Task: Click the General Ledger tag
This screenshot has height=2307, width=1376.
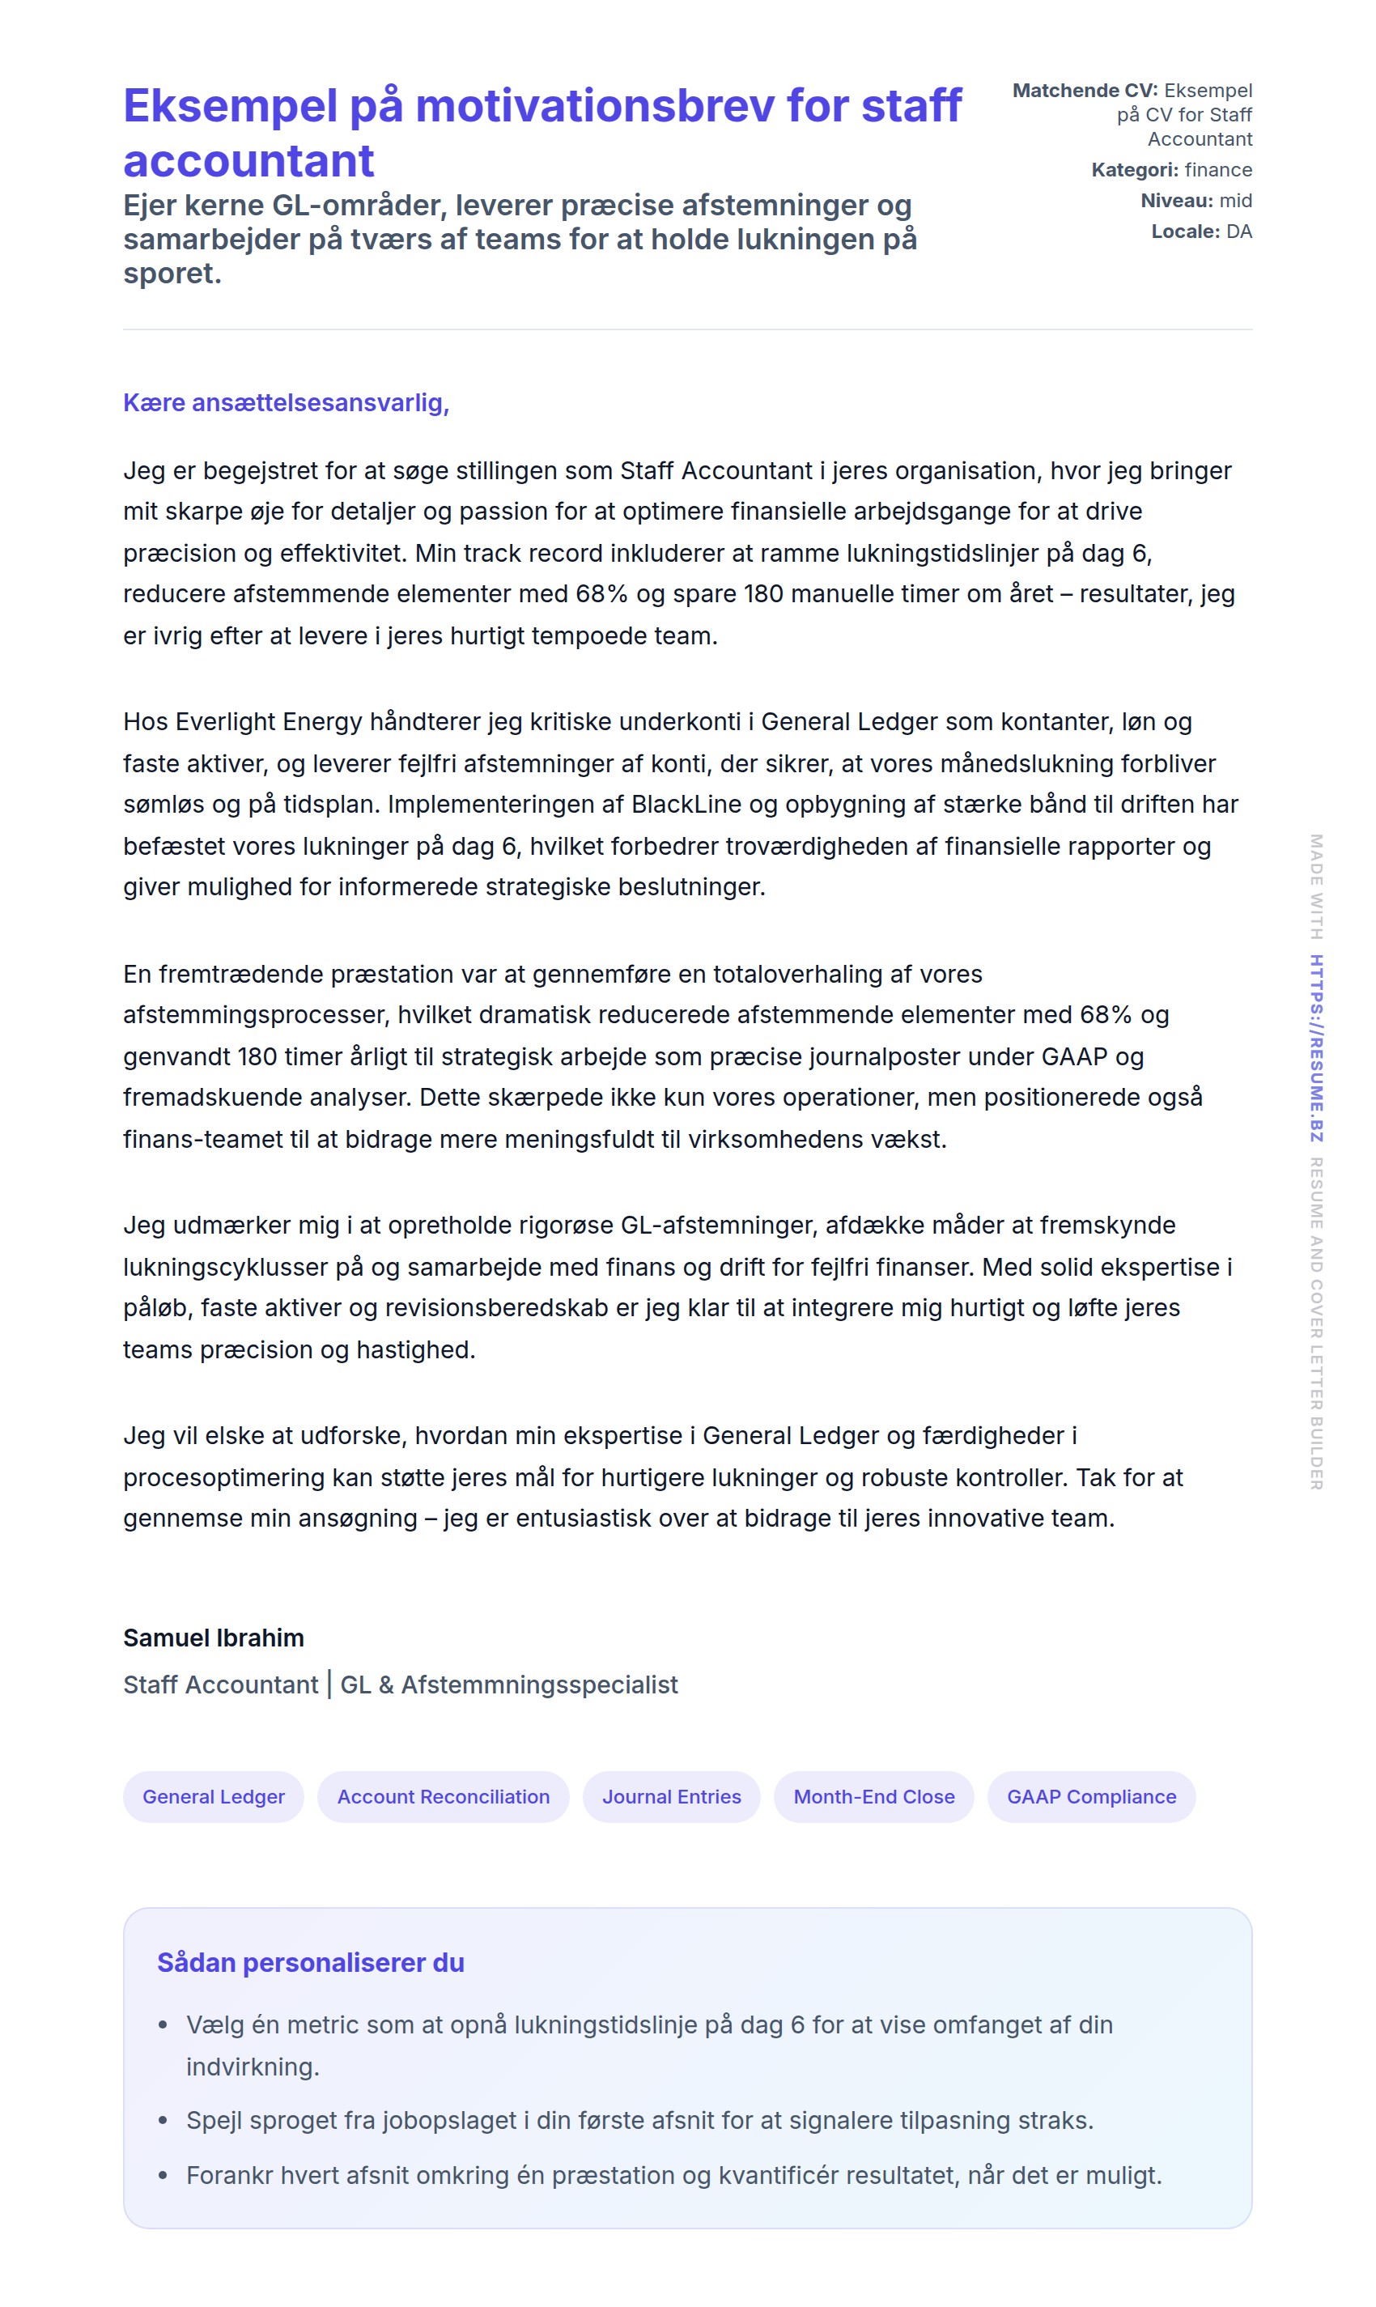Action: click(x=213, y=1797)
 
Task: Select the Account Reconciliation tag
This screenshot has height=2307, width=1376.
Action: click(x=444, y=1797)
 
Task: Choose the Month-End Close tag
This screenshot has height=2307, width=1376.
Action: click(x=873, y=1797)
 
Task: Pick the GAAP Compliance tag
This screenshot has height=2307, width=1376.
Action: click(x=1091, y=1797)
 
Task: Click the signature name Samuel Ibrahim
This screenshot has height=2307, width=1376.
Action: click(x=213, y=1638)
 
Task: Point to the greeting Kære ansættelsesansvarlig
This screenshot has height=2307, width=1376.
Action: click(x=286, y=403)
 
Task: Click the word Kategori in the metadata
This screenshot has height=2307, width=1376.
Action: click(x=1134, y=171)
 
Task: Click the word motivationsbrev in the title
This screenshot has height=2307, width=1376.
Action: click(x=594, y=106)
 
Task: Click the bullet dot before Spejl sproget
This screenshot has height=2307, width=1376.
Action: click(x=164, y=2121)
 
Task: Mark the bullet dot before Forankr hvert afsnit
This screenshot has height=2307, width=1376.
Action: click(x=164, y=2175)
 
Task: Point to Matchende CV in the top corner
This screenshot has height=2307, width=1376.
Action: click(x=1084, y=91)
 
